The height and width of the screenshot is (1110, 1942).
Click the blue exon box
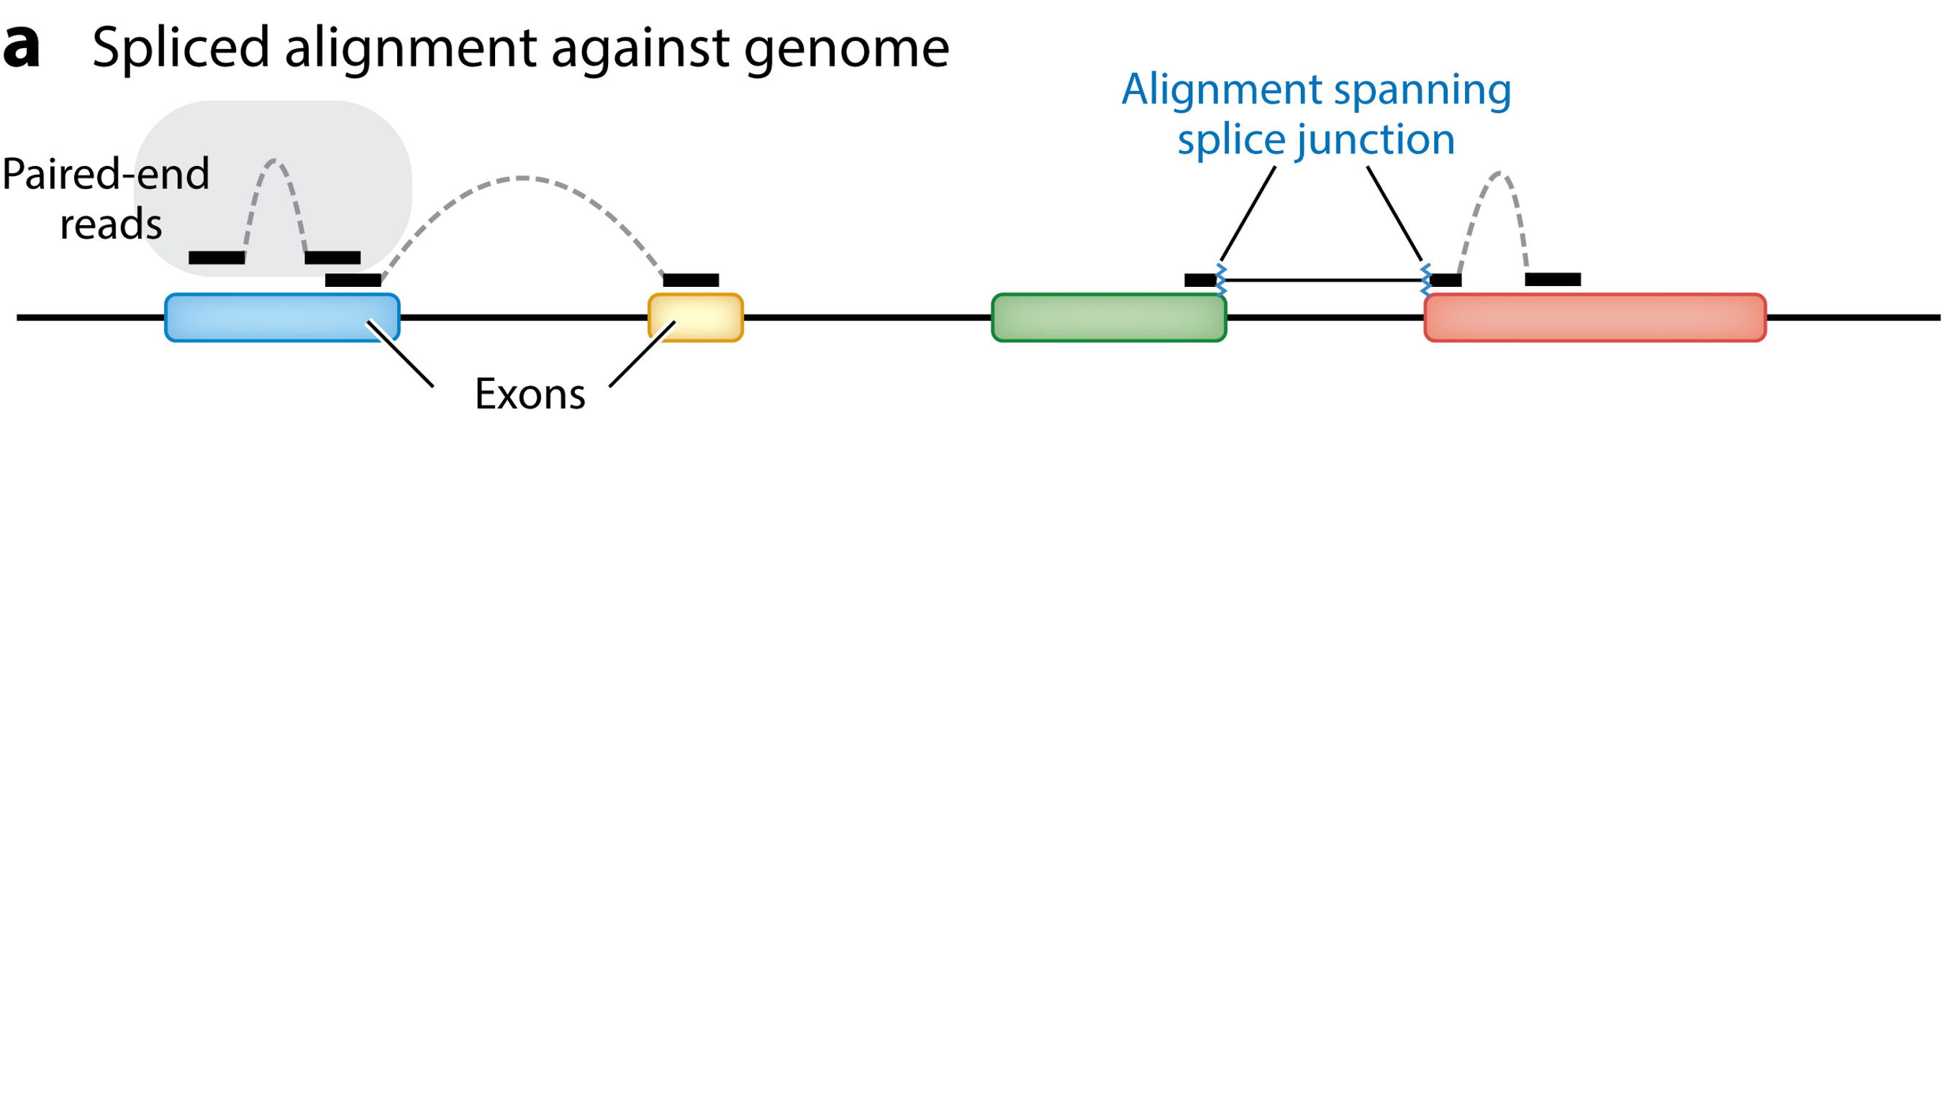click(x=281, y=317)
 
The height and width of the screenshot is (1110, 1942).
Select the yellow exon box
click(x=695, y=317)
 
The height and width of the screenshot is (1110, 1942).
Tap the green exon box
click(x=1108, y=317)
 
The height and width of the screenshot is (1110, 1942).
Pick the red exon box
click(x=1595, y=317)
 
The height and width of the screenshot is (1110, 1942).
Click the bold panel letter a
click(x=21, y=47)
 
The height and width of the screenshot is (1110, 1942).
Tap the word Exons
click(x=530, y=394)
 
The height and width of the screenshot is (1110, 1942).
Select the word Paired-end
click(x=106, y=174)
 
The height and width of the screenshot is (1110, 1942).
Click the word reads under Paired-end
click(x=111, y=225)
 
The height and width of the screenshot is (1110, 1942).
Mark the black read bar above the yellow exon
click(x=690, y=280)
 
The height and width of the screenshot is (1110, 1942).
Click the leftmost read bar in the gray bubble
click(x=217, y=257)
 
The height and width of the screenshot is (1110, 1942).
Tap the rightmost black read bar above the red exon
click(x=1552, y=280)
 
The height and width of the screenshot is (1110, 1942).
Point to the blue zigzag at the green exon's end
click(x=1221, y=280)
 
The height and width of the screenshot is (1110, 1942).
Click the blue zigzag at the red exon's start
click(x=1425, y=280)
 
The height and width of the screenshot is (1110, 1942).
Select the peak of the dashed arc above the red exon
click(x=1499, y=175)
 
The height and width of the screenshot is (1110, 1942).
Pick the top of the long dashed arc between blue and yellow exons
click(x=522, y=178)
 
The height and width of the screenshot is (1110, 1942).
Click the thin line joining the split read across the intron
click(x=1322, y=280)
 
